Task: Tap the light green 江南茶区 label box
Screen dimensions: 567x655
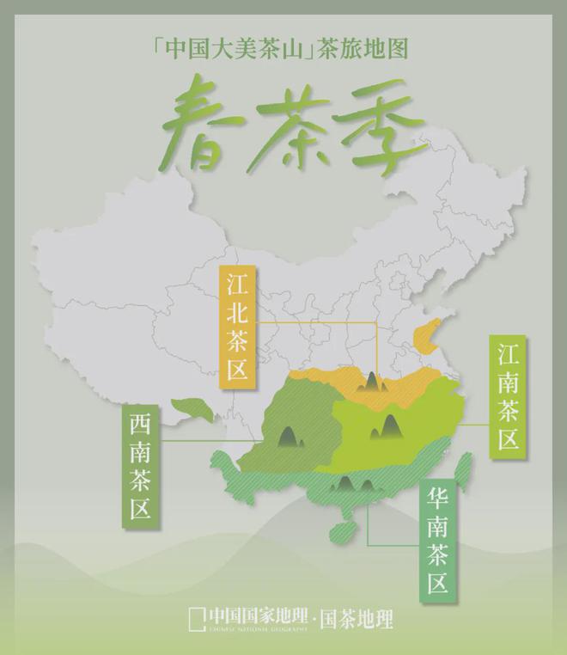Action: pyautogui.click(x=508, y=396)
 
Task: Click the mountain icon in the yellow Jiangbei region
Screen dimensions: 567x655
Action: pyautogui.click(x=370, y=381)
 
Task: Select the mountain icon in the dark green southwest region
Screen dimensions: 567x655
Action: pyautogui.click(x=289, y=436)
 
